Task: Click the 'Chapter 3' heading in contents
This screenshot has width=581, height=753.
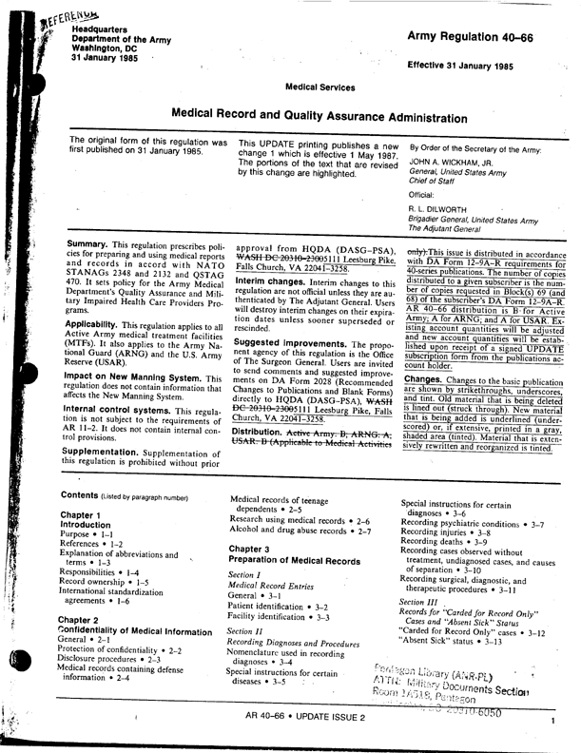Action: pyautogui.click(x=252, y=549)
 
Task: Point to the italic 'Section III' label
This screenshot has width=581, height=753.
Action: pyautogui.click(x=419, y=603)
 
